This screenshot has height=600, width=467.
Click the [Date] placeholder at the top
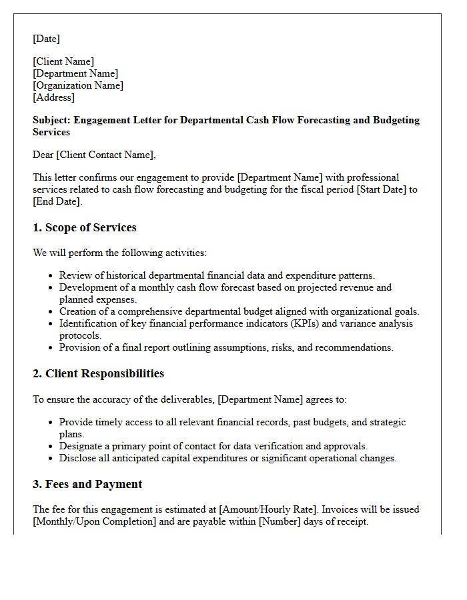pos(46,39)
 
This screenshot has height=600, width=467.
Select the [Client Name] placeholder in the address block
pos(63,61)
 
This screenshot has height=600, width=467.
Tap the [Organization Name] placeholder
pos(78,85)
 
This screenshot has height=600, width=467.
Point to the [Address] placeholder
pos(53,97)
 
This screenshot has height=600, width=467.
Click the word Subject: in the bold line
pos(51,120)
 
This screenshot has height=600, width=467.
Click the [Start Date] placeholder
pos(376,189)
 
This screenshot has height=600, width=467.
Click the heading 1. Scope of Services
pos(85,227)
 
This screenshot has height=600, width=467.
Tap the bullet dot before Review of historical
pos(51,275)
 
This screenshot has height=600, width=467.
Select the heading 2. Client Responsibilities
pos(98,373)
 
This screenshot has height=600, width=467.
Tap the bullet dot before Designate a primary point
pos(51,447)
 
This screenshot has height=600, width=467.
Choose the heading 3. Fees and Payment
pos(87,484)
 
